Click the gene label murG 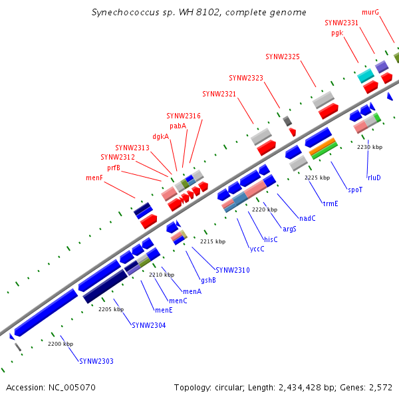coord(370,12)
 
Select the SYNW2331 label coord(341,23)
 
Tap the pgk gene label coord(336,33)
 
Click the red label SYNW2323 coord(246,78)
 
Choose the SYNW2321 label coord(219,93)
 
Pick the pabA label coord(178,126)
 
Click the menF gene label coord(94,178)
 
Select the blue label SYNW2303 coord(96,361)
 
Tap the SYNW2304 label coord(148,325)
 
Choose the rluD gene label coord(374,178)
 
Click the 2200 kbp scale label coord(61,344)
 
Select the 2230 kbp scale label coord(370,147)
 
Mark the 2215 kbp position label coord(213,241)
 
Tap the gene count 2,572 coord(380,387)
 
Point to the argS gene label coord(289,229)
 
